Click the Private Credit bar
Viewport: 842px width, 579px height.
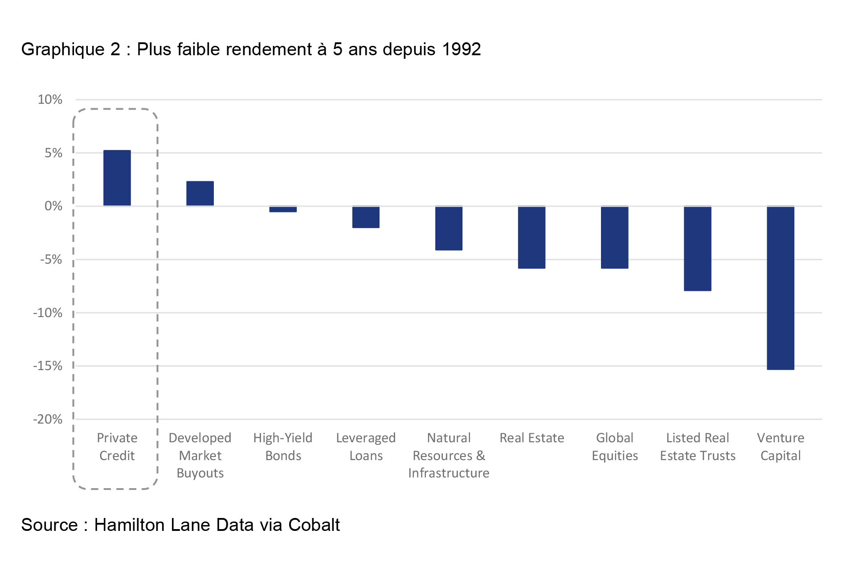click(117, 178)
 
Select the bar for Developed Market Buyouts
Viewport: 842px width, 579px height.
click(200, 194)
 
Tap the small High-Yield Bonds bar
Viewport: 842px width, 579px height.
click(283, 209)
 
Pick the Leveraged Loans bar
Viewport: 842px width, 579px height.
click(366, 217)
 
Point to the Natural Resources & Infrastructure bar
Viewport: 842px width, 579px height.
click(449, 228)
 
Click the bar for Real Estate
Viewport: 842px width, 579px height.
click(531, 237)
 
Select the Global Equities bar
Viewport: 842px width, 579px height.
click(614, 237)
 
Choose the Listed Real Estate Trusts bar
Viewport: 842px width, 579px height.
click(697, 248)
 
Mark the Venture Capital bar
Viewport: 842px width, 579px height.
click(780, 287)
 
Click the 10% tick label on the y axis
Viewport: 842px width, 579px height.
click(50, 100)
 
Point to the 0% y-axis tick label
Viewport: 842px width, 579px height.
click(53, 206)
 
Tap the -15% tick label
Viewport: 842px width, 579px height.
click(48, 366)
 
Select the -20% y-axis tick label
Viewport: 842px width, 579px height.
click(48, 420)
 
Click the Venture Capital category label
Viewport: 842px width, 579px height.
click(781, 447)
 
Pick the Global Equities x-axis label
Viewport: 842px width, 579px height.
click(615, 447)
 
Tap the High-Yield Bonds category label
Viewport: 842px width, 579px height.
click(283, 447)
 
